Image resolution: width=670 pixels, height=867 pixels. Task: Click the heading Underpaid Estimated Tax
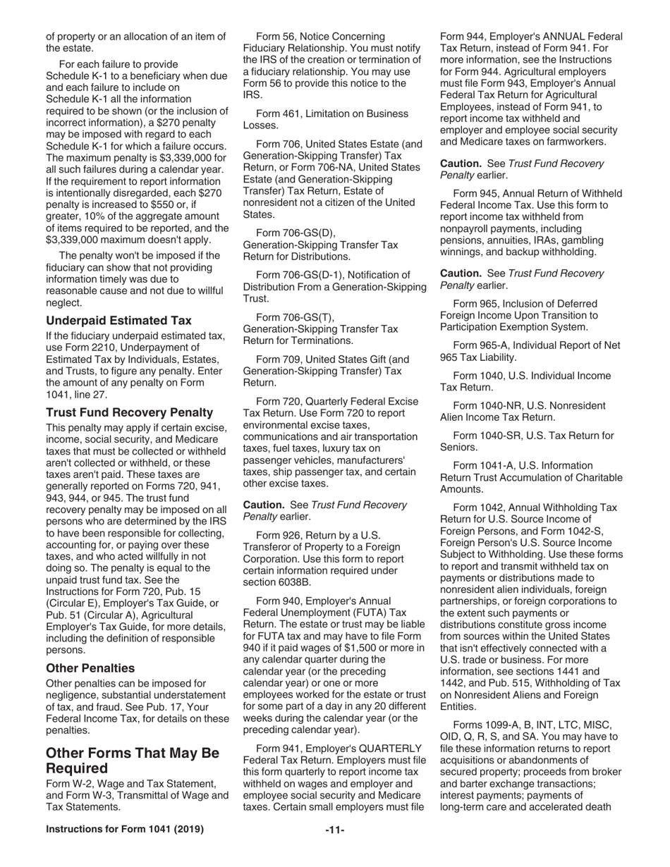point(118,320)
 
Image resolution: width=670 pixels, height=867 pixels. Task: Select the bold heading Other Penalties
point(90,667)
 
